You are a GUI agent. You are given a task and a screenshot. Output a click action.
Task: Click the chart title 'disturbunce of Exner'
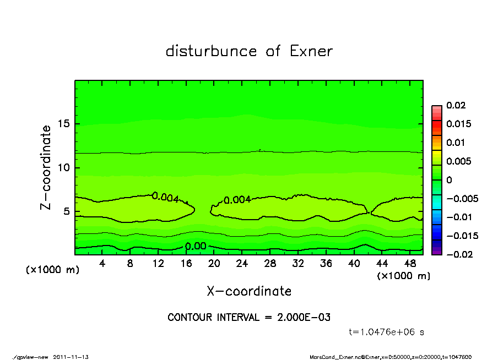249,51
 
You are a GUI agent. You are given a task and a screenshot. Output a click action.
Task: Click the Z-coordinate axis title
46,167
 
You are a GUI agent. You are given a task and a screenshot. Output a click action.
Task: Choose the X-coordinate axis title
249,291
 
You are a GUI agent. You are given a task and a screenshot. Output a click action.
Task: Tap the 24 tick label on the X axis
242,264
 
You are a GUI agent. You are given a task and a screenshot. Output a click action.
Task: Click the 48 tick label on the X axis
409,264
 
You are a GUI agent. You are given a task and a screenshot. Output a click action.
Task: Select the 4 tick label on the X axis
102,264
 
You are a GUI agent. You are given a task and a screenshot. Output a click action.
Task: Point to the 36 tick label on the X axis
326,264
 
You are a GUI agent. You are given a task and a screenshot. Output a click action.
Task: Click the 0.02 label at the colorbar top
456,105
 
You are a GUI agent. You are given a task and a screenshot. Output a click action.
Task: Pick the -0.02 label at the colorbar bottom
458,254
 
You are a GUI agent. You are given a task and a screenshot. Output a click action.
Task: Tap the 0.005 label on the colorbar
458,161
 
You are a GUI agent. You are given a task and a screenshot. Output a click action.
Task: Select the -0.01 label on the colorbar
458,217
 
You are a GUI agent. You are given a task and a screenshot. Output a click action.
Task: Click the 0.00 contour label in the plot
196,246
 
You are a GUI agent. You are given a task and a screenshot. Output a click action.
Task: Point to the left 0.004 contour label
165,197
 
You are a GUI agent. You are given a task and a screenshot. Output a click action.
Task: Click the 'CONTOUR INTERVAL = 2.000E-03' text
249,318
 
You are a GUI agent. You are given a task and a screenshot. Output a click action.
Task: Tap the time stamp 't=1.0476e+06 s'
386,332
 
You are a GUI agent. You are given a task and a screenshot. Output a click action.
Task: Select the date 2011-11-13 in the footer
71,357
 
